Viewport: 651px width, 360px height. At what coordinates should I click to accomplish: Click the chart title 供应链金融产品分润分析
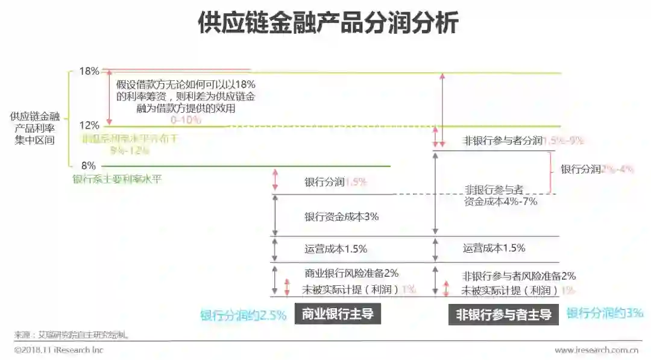click(328, 24)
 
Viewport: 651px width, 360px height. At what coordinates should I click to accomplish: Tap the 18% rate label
click(89, 71)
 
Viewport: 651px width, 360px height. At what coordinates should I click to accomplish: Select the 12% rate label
click(89, 125)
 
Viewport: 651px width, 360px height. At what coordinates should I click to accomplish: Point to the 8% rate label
click(89, 165)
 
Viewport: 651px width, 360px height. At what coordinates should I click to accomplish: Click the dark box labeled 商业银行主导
click(338, 314)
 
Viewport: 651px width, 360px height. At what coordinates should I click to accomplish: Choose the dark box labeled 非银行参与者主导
click(503, 314)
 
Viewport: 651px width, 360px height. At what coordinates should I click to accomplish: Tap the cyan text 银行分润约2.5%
click(243, 315)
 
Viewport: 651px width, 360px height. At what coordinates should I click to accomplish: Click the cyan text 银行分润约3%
click(605, 313)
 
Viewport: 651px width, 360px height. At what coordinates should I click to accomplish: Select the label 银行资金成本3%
click(341, 216)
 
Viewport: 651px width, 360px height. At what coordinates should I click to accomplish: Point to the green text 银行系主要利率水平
click(117, 178)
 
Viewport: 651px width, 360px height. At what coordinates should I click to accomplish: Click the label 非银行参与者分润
click(503, 141)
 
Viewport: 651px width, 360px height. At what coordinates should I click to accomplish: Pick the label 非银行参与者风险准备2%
click(519, 276)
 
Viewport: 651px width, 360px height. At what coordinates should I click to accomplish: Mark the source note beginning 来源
click(72, 334)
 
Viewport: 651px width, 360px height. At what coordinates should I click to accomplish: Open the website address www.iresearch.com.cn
click(597, 350)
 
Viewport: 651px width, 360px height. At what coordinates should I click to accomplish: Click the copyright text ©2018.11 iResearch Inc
click(58, 350)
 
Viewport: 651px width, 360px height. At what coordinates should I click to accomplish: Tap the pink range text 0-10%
click(186, 120)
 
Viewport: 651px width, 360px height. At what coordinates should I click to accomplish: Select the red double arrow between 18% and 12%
click(109, 98)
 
